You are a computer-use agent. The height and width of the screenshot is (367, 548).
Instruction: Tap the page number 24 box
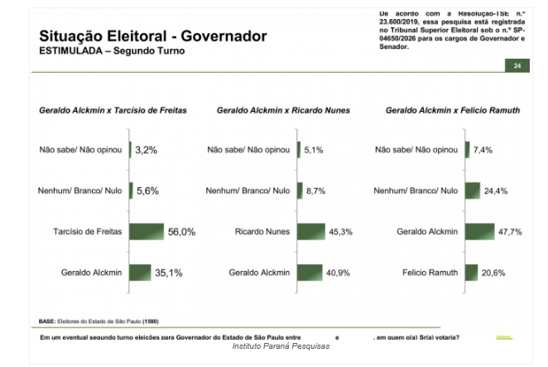tap(517, 65)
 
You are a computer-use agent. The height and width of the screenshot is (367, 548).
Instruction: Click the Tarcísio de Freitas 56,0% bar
tap(146, 232)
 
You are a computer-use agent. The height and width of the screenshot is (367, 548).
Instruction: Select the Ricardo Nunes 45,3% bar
tap(310, 232)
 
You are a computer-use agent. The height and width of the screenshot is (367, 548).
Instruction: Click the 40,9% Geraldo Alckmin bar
tap(309, 272)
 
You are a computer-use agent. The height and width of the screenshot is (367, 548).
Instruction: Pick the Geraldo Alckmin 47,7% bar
tap(481, 232)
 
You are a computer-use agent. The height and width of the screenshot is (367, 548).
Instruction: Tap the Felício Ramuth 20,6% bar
tap(472, 272)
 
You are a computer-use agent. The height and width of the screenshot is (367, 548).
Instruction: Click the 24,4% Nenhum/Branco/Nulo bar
tap(473, 191)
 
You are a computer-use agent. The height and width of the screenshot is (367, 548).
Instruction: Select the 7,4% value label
tap(483, 150)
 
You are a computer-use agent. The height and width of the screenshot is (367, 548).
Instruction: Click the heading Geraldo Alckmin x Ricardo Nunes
tap(283, 110)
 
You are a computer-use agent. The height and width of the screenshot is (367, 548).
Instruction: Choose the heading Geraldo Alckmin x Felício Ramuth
tap(453, 110)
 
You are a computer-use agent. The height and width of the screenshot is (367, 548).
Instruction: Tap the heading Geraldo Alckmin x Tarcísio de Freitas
tap(113, 110)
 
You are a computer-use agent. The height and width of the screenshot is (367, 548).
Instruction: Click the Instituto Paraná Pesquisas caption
tap(280, 345)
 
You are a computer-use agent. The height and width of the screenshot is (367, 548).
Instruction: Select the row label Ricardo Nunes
tap(261, 232)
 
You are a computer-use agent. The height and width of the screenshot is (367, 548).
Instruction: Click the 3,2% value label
tap(146, 150)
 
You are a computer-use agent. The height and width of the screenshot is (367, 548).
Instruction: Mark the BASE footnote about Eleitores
tap(99, 321)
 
